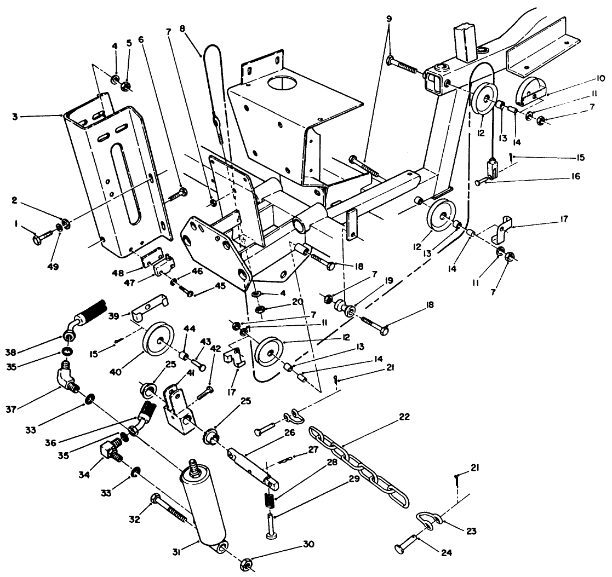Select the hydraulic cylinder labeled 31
click(x=205, y=506)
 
